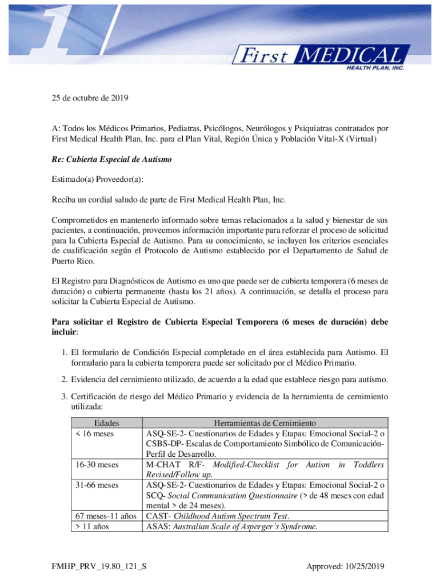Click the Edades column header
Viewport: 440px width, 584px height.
tap(106, 424)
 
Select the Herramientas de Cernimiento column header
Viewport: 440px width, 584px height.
tap(265, 424)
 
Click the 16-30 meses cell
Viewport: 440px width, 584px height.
tap(97, 465)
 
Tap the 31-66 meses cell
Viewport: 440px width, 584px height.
tap(97, 485)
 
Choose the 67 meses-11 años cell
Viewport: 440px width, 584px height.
tap(105, 516)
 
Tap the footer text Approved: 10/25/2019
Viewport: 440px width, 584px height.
tap(346, 567)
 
